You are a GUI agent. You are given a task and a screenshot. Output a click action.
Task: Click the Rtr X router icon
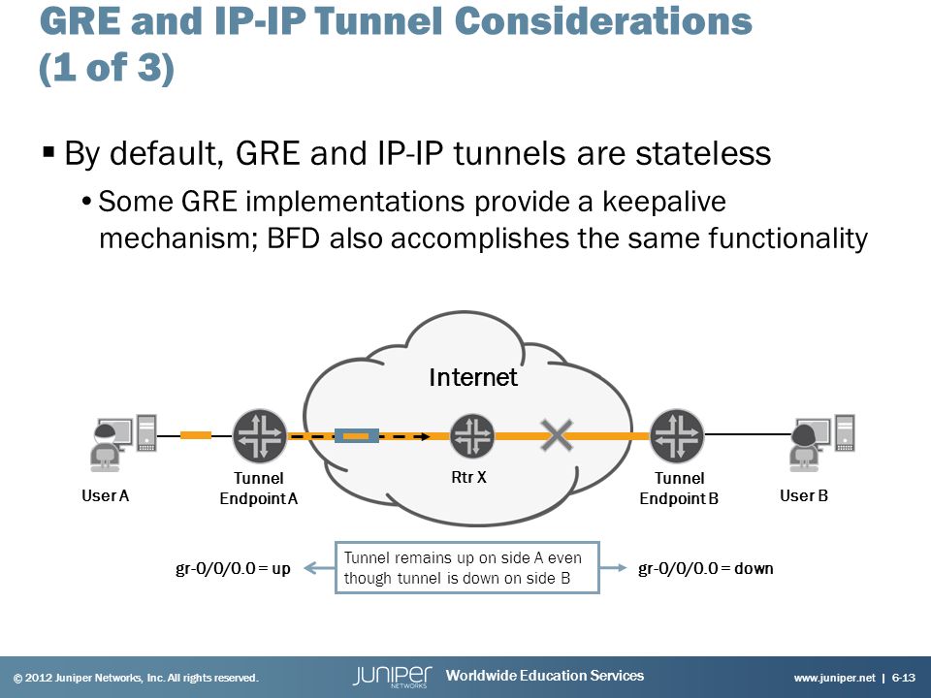coord(472,436)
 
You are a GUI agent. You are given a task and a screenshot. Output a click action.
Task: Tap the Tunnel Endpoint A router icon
coord(260,436)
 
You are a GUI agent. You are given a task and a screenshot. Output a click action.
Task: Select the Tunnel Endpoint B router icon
coord(677,436)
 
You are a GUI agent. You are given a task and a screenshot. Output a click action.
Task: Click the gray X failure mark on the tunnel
coord(557,435)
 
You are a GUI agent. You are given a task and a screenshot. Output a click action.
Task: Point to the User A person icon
coord(105,446)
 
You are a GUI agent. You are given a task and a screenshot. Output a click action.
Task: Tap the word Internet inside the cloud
coord(473,377)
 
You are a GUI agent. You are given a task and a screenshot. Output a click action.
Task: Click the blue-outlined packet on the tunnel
coord(357,436)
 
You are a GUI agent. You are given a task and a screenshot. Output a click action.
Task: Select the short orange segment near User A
coord(195,435)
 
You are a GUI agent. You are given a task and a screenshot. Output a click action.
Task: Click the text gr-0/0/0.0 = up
coord(233,569)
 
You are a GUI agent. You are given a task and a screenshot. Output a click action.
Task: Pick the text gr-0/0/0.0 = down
coord(705,569)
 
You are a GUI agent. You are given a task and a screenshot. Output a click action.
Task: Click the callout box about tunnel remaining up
coord(467,567)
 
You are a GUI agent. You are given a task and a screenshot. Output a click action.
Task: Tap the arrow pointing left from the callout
coord(319,568)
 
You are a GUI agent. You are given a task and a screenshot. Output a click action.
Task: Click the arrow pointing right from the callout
coord(613,568)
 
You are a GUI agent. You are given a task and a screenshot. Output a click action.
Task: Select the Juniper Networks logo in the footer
coord(393,676)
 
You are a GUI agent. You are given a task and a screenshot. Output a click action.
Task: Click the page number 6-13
coord(904,678)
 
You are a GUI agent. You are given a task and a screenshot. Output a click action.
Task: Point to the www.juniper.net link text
coord(834,678)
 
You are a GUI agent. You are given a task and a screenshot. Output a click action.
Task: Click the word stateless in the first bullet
coord(703,153)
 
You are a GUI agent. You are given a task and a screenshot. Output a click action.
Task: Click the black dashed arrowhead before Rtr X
coord(425,437)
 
